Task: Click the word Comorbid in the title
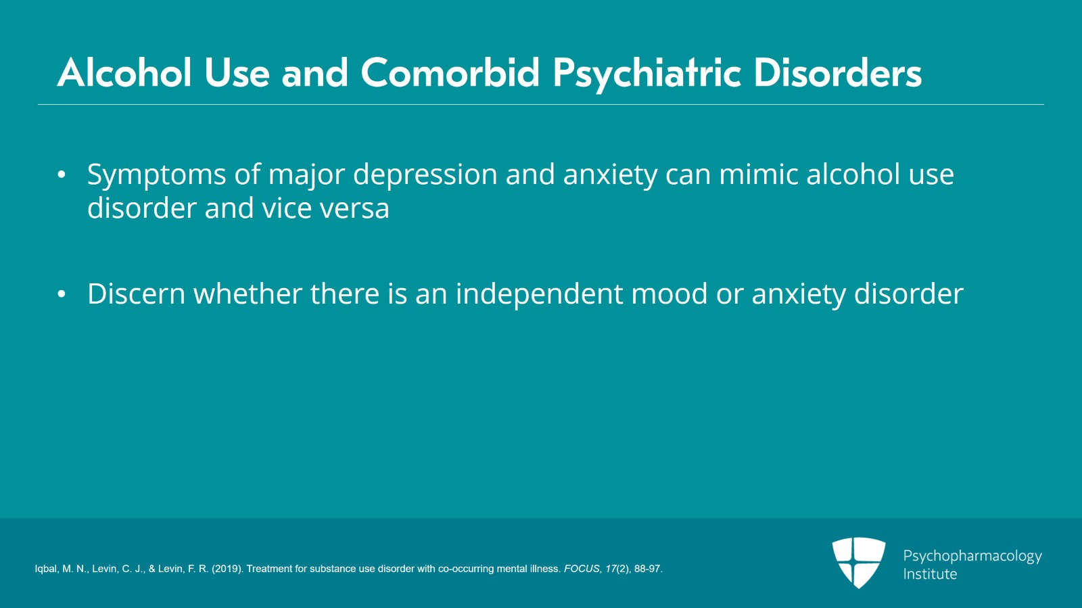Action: [x=450, y=72]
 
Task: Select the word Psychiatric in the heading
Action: [x=647, y=72]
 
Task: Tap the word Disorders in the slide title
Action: [x=837, y=72]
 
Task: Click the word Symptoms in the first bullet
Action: [x=156, y=175]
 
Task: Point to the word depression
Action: [x=425, y=175]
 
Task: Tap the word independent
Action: [x=539, y=294]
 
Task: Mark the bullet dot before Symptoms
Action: [x=62, y=174]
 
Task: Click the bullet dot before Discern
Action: [x=62, y=294]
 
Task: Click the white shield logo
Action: [x=858, y=561]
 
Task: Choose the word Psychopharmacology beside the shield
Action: [x=972, y=556]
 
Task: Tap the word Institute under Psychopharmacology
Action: [x=930, y=574]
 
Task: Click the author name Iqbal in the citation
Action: [x=47, y=569]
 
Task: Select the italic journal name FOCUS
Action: [x=582, y=569]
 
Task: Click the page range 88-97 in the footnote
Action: [x=647, y=569]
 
